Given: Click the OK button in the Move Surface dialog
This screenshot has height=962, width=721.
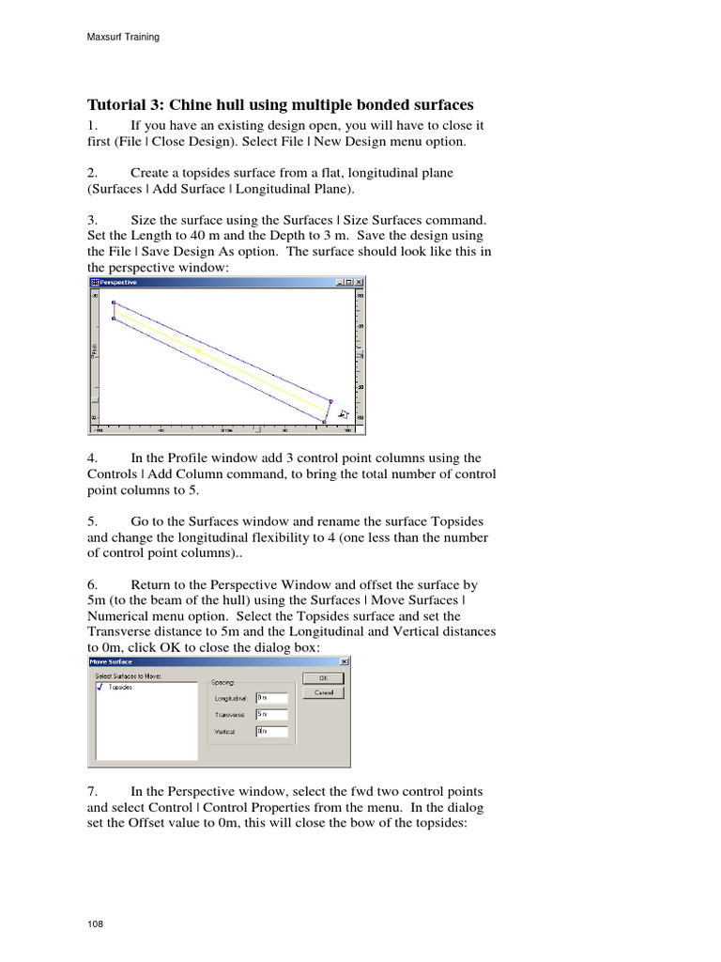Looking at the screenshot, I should pos(323,677).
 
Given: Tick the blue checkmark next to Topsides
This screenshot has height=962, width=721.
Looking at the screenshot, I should pos(100,687).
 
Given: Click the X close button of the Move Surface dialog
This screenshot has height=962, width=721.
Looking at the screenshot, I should pos(345,661).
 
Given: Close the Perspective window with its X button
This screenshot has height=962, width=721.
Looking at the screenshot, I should pos(359,282).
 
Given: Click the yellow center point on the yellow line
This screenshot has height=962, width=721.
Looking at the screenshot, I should pos(199,351).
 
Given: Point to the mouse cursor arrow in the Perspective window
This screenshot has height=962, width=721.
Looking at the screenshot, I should pos(343,412).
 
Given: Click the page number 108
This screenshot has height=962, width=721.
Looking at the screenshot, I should pos(95,924).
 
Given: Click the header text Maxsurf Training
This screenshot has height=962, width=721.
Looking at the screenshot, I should pos(123,38).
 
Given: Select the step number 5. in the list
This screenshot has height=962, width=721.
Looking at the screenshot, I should pos(92,520).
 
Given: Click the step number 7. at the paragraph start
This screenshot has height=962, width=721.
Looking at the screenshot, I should pos(92,791).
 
